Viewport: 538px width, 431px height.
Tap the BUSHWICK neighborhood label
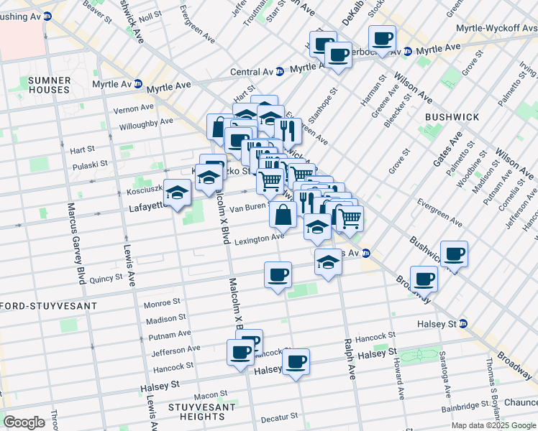click(x=448, y=116)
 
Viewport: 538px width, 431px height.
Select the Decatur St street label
click(x=279, y=417)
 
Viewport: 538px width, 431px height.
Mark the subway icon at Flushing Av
click(x=47, y=15)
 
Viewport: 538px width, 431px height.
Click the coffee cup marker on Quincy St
click(x=278, y=275)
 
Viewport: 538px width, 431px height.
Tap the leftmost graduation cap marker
click(x=177, y=193)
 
